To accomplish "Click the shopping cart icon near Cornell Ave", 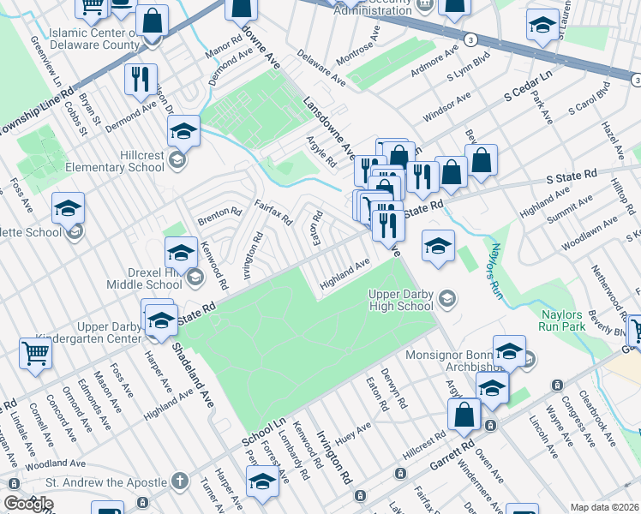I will (x=36, y=352).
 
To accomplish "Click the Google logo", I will (x=28, y=504).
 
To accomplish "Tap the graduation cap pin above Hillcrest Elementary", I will (x=183, y=131).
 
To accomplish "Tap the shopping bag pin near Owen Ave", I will (x=464, y=415).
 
